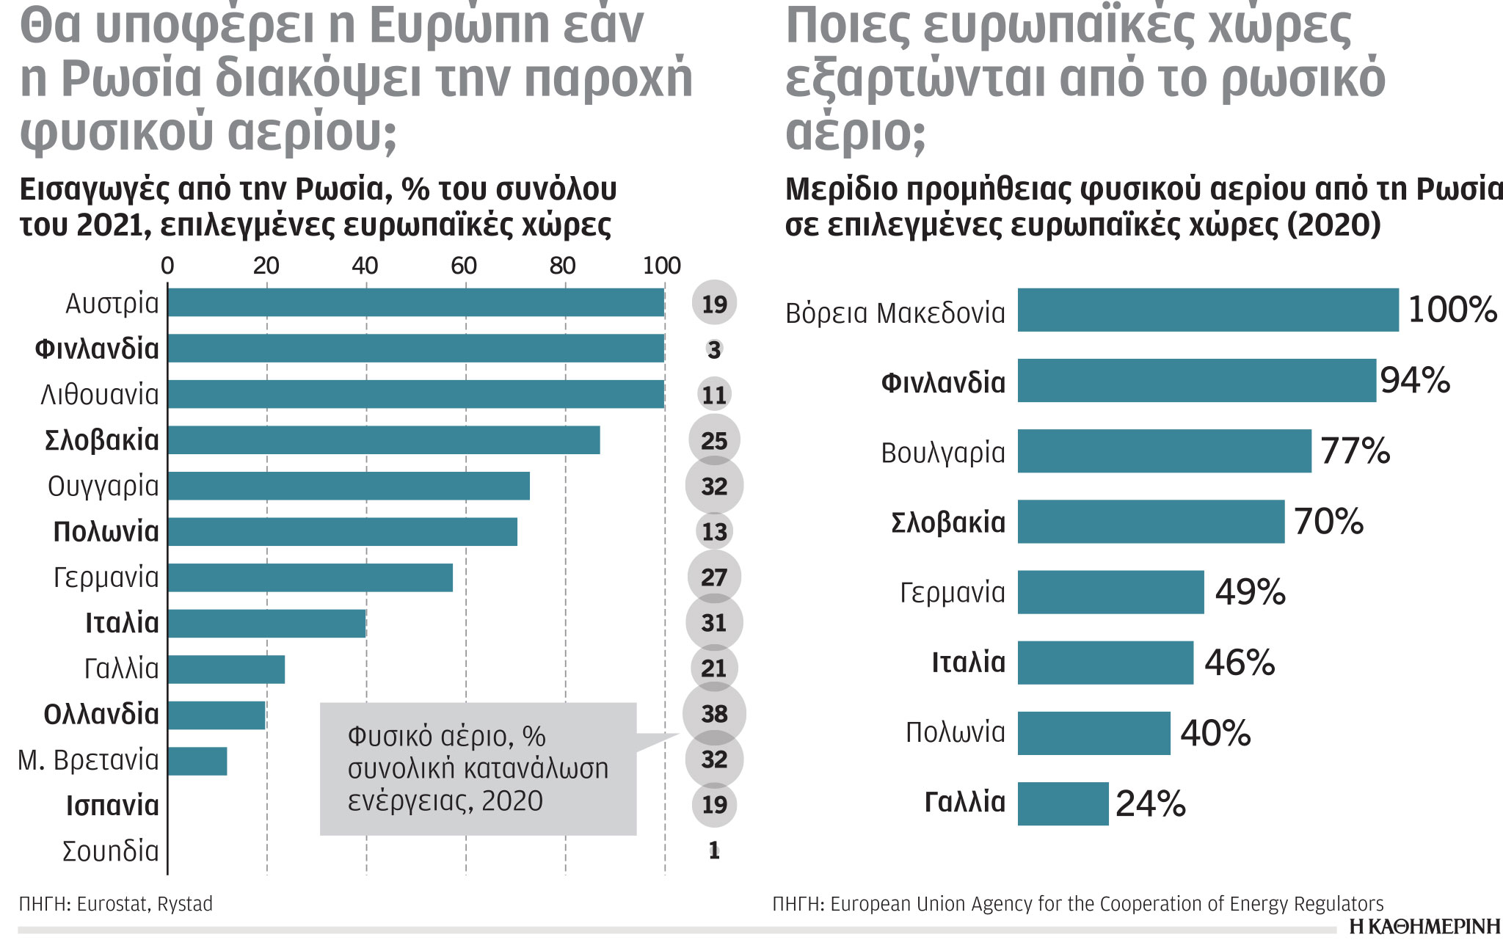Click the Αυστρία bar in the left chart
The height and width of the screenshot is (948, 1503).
tap(415, 303)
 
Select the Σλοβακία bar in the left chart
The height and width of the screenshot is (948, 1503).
tap(383, 440)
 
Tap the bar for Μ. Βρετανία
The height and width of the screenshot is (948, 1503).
tap(197, 762)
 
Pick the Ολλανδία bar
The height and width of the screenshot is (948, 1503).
tap(216, 715)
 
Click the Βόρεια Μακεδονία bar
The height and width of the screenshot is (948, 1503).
tap(1207, 310)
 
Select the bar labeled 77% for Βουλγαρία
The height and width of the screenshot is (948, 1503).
tap(1164, 451)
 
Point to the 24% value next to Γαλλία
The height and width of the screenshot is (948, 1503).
tap(1150, 804)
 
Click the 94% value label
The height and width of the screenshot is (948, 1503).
tap(1414, 381)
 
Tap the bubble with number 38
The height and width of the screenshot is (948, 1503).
tap(714, 714)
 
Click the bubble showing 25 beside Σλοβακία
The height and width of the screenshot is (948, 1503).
tap(714, 440)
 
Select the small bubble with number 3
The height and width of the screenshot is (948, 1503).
tap(714, 350)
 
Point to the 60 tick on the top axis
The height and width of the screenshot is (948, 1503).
tap(464, 266)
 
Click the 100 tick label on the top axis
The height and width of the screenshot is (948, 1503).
tap(661, 266)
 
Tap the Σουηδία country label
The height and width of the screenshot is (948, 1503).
tap(111, 852)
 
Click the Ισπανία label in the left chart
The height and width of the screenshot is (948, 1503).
tap(112, 806)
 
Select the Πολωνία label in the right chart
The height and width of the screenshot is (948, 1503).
tap(955, 732)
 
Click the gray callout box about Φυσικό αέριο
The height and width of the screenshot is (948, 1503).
tap(478, 769)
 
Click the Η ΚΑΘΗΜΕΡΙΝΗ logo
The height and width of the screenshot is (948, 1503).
tap(1424, 927)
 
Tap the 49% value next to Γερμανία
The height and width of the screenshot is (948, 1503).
tap(1250, 592)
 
